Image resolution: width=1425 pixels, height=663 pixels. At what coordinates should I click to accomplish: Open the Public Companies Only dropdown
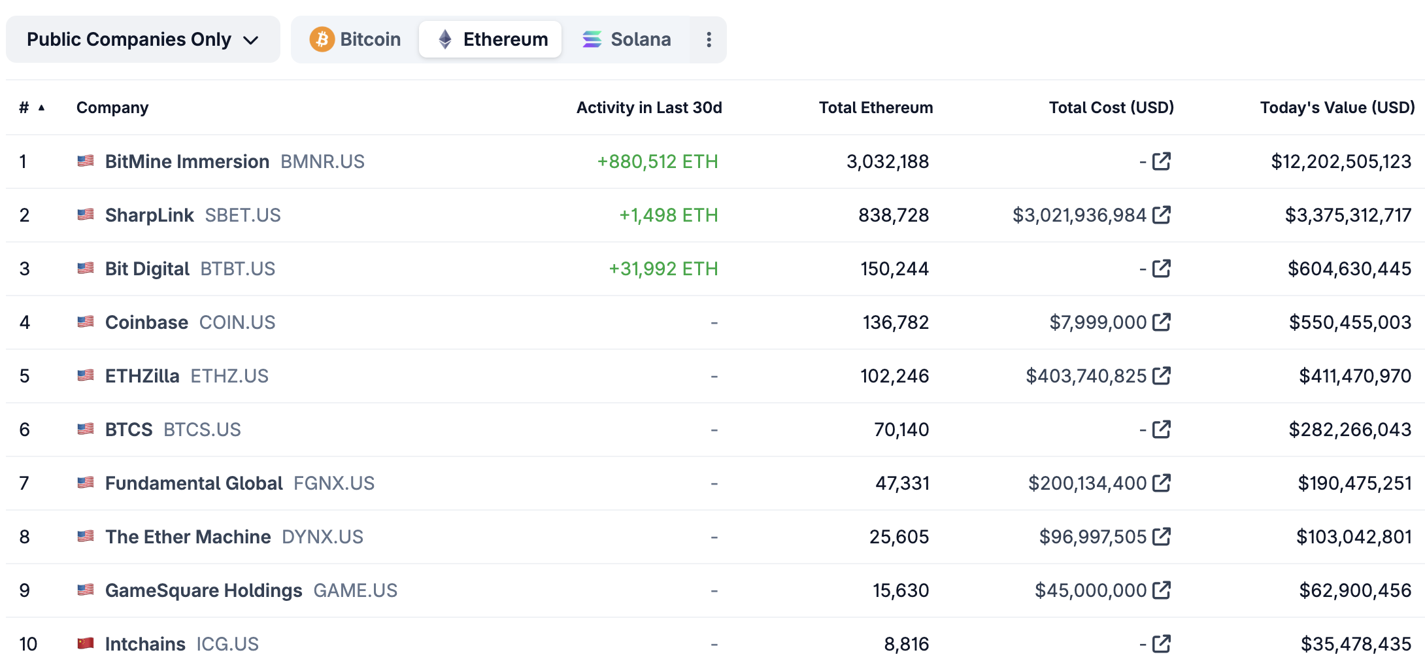click(142, 39)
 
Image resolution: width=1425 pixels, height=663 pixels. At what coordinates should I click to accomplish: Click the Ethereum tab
click(491, 39)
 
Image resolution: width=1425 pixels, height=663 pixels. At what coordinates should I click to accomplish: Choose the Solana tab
click(626, 39)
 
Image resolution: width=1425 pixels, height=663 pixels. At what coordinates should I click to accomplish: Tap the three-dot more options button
click(709, 39)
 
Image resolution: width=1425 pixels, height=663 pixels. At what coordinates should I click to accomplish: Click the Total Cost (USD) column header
click(1111, 107)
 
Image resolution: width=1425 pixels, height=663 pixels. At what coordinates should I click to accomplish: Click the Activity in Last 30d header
click(648, 107)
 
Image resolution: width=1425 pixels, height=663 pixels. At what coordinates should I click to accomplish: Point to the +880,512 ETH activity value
click(657, 161)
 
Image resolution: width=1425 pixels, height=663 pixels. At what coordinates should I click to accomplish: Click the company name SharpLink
click(149, 215)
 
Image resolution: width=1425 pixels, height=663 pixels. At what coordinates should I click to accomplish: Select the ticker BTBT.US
click(237, 269)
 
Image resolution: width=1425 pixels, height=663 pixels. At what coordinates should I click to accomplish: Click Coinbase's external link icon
click(1162, 322)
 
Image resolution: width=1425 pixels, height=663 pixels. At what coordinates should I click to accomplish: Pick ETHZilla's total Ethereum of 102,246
click(894, 376)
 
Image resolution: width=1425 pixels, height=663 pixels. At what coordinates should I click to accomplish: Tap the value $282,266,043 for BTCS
click(1349, 430)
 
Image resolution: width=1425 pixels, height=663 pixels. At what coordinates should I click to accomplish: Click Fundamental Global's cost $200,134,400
click(1087, 483)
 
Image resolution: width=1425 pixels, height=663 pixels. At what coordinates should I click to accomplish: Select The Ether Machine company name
click(188, 537)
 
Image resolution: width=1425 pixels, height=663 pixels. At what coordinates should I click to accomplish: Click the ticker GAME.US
click(355, 590)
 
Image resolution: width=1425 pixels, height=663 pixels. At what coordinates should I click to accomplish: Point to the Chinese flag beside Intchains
click(86, 643)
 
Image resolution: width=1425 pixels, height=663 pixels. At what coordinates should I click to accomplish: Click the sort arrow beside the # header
click(41, 108)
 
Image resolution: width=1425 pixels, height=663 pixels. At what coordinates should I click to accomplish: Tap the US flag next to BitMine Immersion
click(86, 161)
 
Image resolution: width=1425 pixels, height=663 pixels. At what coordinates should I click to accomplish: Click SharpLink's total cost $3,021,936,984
click(1079, 215)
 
